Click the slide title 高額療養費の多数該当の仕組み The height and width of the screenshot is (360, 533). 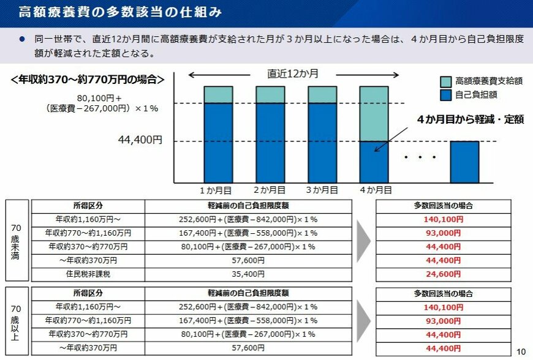tap(119, 12)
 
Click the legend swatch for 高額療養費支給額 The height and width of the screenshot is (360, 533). tap(445, 81)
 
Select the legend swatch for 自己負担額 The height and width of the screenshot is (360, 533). tap(445, 96)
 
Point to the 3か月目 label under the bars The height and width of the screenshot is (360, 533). tap(321, 190)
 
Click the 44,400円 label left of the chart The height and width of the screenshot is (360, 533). tap(140, 140)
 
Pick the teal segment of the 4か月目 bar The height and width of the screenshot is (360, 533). tap(373, 113)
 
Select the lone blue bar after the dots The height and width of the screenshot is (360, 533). tap(464, 162)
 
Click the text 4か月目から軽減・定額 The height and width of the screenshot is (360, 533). tap(470, 120)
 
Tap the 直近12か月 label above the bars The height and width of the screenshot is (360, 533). tap(293, 74)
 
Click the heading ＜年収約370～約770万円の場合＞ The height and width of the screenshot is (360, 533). tap(88, 80)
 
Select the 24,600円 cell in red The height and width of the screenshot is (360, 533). tap(443, 274)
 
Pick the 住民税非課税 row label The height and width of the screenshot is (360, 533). tap(88, 274)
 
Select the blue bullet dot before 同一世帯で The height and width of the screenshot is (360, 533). tap(21, 39)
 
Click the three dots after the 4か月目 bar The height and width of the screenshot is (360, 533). tap(420, 157)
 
